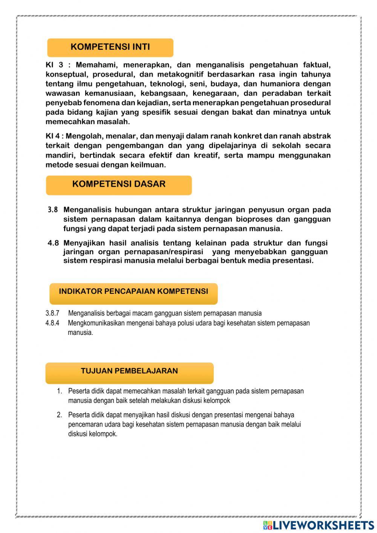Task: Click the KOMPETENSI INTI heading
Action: click(110, 47)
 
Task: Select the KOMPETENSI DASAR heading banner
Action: click(119, 184)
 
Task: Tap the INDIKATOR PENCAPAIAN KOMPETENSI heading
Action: click(133, 292)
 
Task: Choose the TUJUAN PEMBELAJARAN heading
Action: click(129, 371)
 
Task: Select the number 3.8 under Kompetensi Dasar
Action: click(53, 210)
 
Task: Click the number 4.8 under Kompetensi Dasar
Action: click(53, 243)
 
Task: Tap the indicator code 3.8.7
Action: click(52, 313)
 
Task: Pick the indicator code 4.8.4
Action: click(52, 323)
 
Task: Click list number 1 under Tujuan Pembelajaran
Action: click(59, 391)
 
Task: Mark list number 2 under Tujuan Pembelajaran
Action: click(59, 415)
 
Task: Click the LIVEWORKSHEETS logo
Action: click(319, 525)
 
